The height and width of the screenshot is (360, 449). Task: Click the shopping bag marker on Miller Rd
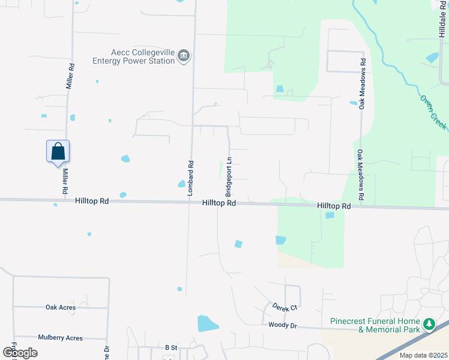[x=58, y=151]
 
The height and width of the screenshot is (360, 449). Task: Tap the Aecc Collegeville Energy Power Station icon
[x=184, y=57]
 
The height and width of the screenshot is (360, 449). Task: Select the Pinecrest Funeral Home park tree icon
[x=429, y=325]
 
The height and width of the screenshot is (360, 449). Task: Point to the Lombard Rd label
[x=190, y=178]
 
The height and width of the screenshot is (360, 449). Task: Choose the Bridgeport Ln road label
[x=229, y=177]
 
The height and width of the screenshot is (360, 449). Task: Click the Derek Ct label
[x=285, y=307]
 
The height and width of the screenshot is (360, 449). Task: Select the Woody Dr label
[x=283, y=325]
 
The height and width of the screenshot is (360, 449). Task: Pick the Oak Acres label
[x=61, y=307]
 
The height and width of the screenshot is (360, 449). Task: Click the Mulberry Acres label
[x=60, y=338]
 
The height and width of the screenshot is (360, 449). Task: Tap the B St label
[x=172, y=347]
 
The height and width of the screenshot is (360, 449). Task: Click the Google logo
[x=20, y=352]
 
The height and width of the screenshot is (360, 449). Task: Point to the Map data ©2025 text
[x=423, y=355]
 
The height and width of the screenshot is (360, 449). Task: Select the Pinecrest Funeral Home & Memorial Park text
[x=375, y=325]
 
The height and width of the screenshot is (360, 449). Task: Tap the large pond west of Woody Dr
[x=208, y=323]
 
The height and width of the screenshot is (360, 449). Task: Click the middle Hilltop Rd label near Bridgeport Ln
[x=218, y=203]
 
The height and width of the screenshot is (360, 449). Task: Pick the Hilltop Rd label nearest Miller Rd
[x=92, y=202]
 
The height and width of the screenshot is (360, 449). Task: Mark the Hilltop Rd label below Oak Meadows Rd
[x=334, y=206]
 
